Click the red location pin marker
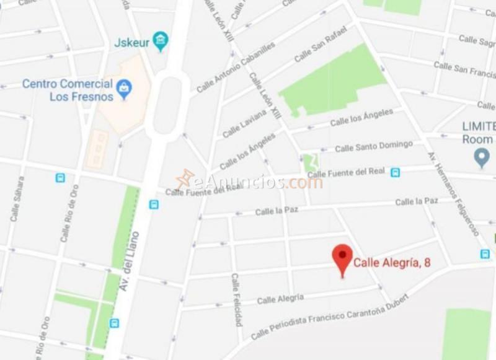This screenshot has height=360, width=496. pos(342,258)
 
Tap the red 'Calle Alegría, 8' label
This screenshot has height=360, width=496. pos(392,263)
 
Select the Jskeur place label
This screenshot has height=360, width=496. pos(132,43)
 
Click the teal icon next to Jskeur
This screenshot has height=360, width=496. pos(161,42)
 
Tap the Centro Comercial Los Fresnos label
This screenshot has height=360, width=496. pos(68,90)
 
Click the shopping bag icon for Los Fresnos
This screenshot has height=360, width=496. pos(125,89)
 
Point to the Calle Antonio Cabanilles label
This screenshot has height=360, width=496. pos(235,68)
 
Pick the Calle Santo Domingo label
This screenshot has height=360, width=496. pos(373,147)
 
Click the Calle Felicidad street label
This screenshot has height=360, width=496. pos(236,300)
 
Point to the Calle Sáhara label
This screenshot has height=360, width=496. pos(17,199)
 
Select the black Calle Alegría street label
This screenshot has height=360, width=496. pos(280,299)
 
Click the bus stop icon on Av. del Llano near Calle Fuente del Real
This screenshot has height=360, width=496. pos(153,204)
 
